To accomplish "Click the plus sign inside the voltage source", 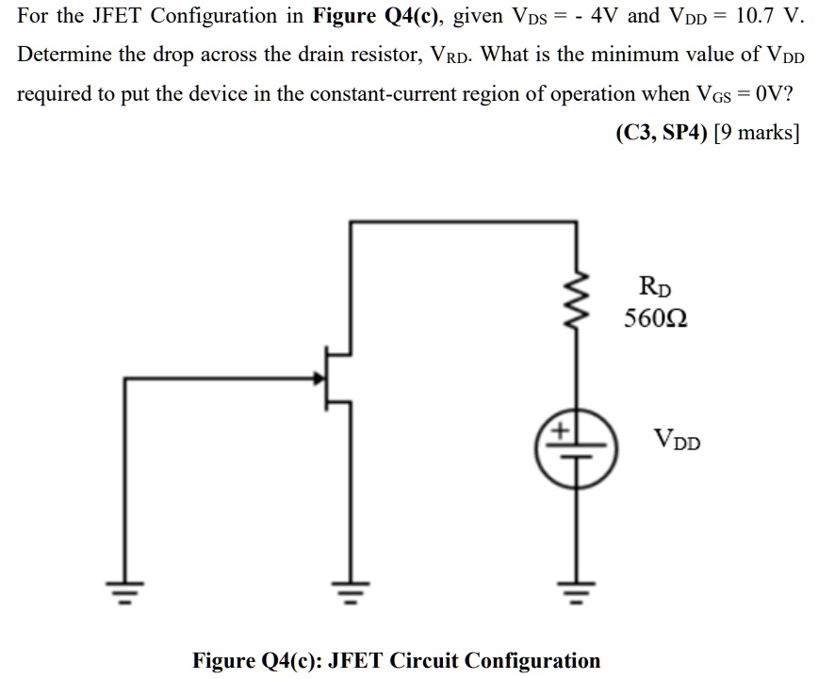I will tap(560, 431).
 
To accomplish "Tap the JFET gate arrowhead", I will tap(318, 379).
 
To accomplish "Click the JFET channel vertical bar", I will tap(327, 379).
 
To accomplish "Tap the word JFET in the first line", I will tap(123, 16).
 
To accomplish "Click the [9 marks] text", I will tap(757, 132).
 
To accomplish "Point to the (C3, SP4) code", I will tap(661, 132).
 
